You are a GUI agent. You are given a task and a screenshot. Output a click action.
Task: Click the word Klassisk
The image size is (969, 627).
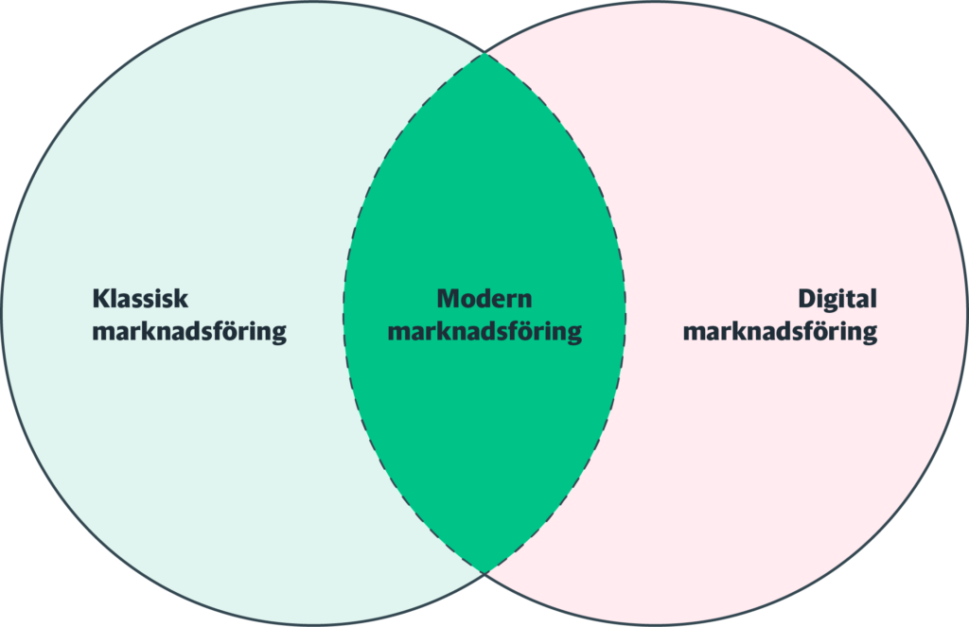coord(140,299)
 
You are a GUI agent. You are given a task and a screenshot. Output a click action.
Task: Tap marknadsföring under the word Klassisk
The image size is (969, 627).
coord(189,333)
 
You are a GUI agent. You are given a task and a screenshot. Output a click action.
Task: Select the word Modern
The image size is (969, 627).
coord(484,299)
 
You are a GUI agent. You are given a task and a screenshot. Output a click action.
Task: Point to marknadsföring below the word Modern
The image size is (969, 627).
coord(484,333)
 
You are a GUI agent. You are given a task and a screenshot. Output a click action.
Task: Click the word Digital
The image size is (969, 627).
coord(837,299)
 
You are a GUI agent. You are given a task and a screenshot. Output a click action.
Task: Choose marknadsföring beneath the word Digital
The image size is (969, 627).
coord(780,333)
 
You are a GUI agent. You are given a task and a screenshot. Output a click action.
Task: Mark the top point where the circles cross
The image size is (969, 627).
coord(484,53)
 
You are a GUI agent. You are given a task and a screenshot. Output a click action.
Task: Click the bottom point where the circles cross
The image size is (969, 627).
coord(484,572)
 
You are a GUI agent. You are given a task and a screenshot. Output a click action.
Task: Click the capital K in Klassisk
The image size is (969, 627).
coord(99,299)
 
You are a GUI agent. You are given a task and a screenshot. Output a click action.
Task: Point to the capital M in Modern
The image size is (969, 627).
coord(447,299)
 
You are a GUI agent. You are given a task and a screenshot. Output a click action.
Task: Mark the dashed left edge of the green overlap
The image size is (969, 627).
coord(344,312)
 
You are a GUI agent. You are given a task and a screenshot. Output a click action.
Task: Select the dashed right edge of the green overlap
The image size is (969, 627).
coord(625,312)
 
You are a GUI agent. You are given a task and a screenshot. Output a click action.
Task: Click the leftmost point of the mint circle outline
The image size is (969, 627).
coord(3,312)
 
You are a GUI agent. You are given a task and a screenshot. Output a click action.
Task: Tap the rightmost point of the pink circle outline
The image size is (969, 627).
coord(966,312)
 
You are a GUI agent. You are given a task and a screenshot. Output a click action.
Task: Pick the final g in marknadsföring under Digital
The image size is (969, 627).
coord(869,336)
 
